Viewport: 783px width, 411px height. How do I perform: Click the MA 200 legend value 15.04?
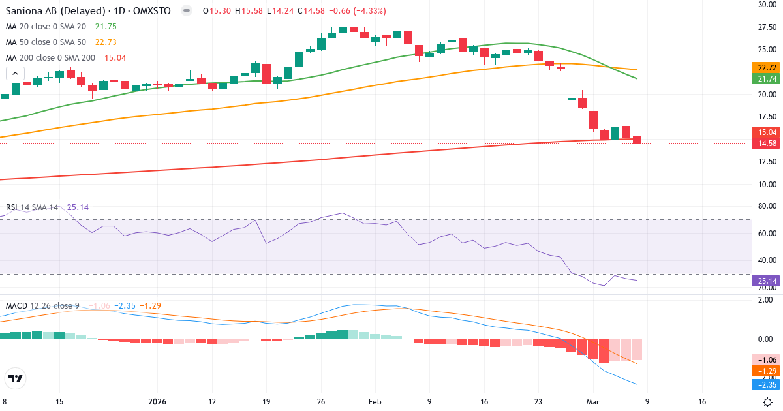[115, 58]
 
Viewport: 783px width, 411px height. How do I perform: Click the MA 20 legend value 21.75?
[106, 27]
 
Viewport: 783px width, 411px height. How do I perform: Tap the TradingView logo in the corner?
[15, 378]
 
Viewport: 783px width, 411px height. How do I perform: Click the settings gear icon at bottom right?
[768, 402]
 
